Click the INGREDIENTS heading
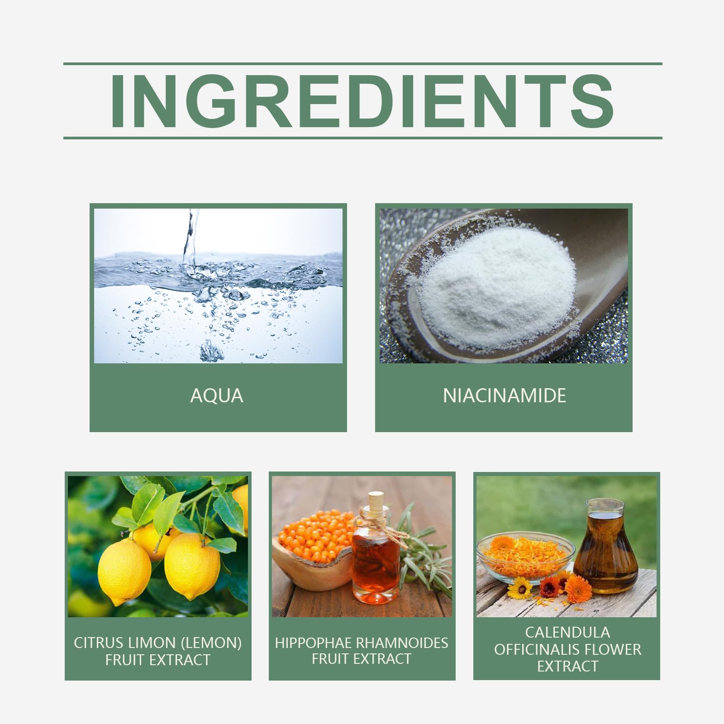[x=362, y=100]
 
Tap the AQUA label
[x=217, y=396]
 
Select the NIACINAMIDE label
[x=505, y=396]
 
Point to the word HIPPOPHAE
[x=314, y=643]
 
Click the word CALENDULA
[x=567, y=632]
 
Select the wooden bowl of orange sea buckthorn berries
[x=312, y=550]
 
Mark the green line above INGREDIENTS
[x=362, y=64]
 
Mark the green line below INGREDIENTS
[x=362, y=138]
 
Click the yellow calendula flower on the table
[x=520, y=588]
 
